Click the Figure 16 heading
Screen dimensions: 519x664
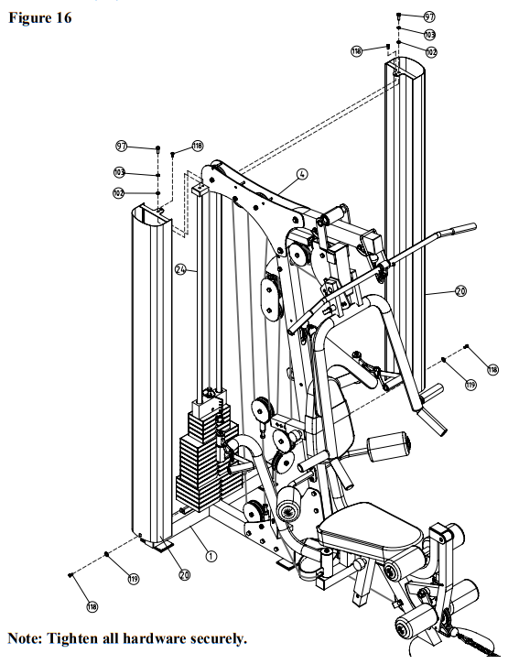(40, 17)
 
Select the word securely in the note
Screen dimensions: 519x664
(219, 638)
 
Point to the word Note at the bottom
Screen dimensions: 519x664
(25, 637)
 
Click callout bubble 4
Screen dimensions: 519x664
(302, 174)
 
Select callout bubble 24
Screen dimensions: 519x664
(180, 269)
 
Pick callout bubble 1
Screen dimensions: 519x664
(211, 556)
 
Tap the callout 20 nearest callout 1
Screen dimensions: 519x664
(184, 574)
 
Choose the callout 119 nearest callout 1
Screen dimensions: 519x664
(134, 579)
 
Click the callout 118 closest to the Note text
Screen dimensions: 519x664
(92, 607)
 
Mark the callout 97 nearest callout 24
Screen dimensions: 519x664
(122, 147)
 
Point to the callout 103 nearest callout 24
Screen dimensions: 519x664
(119, 172)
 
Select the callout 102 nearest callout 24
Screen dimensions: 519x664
(118, 193)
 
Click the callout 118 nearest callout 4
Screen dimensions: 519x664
(198, 147)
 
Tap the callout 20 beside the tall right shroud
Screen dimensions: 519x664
(460, 291)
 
